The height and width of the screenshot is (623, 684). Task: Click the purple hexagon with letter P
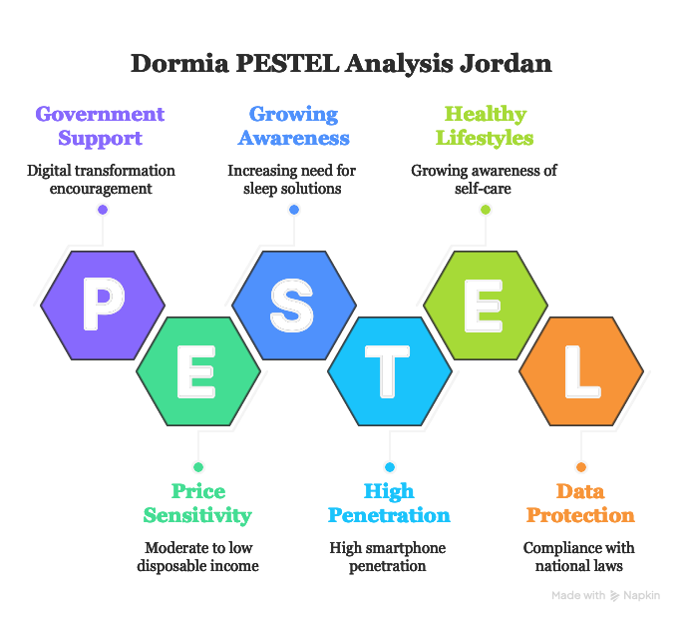click(x=103, y=306)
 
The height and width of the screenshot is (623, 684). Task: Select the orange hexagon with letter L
click(x=581, y=371)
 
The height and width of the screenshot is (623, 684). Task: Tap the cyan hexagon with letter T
click(x=390, y=371)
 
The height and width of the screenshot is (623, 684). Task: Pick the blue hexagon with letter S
click(x=294, y=306)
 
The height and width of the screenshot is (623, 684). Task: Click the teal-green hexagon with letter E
click(x=198, y=371)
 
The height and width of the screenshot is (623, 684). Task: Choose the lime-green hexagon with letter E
click(x=486, y=306)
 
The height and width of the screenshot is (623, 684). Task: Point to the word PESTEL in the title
click(x=287, y=63)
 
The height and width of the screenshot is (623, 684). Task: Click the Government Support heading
click(x=101, y=126)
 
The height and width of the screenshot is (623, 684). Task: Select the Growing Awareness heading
click(x=293, y=126)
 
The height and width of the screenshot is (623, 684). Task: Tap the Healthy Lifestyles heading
click(x=485, y=126)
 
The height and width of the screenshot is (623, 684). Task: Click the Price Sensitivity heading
click(x=197, y=503)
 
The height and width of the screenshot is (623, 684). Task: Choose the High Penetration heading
click(x=389, y=503)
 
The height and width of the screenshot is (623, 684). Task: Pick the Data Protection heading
click(x=580, y=503)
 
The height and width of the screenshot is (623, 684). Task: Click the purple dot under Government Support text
click(x=103, y=210)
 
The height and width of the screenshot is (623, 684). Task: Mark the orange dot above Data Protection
click(x=581, y=467)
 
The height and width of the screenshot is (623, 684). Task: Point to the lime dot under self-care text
click(x=486, y=210)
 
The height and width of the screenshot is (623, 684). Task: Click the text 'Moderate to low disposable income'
click(x=198, y=556)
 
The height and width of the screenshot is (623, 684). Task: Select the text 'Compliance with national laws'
click(x=579, y=556)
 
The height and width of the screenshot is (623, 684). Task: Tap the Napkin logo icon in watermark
click(x=614, y=595)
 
